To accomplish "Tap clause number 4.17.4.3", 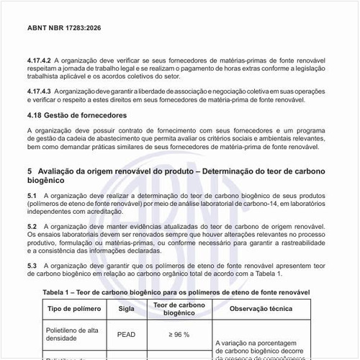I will [40, 94].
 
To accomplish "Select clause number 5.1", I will [31, 196].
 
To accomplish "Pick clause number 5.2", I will [31, 226].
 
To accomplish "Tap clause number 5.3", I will [31, 266].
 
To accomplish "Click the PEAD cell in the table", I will [126, 334].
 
